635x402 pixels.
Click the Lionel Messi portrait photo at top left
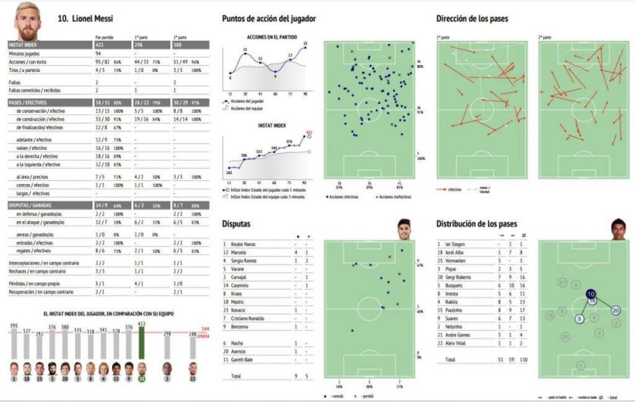(25, 23)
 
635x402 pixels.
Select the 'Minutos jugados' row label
(27, 54)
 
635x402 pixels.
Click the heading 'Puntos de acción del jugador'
(269, 18)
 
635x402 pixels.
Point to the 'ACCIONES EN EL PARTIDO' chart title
(271, 37)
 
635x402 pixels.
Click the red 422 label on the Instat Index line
(309, 132)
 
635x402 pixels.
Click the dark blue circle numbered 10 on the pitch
(590, 294)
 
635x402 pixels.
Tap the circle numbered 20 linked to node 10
(616, 310)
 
